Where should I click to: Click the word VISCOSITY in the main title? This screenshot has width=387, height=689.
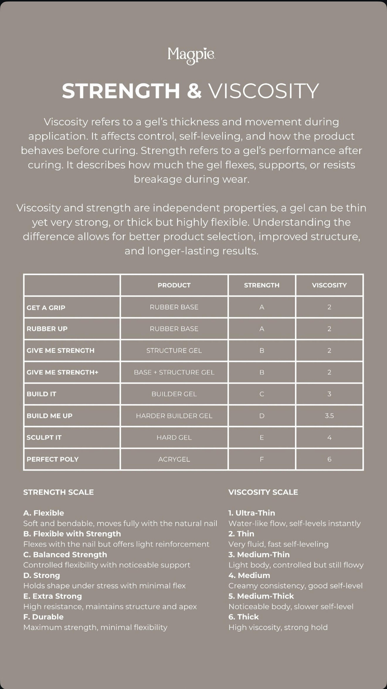tap(263, 91)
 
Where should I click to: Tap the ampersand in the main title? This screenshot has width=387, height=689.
tap(194, 91)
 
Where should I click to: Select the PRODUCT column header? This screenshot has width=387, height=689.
tap(174, 285)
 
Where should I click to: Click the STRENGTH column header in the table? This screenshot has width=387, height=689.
tap(261, 285)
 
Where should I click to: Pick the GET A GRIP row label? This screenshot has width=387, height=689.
tap(46, 307)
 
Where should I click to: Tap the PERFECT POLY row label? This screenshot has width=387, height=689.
tap(52, 459)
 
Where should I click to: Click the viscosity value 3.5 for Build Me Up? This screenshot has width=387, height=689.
tap(329, 416)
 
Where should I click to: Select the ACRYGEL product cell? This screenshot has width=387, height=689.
tap(174, 459)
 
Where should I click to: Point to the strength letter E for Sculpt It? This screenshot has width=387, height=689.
tap(261, 438)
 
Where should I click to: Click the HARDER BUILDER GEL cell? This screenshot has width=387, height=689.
tap(174, 416)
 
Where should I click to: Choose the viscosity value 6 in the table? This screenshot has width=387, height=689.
tap(329, 459)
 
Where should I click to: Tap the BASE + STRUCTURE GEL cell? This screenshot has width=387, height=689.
tap(174, 372)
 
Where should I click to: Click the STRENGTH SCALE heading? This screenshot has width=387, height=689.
tap(59, 492)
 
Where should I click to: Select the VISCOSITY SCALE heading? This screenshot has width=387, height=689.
tap(263, 492)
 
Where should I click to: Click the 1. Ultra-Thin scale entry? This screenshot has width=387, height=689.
tap(252, 513)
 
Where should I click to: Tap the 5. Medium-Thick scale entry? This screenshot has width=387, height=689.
tap(261, 596)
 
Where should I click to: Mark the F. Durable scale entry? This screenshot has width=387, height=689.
tap(43, 617)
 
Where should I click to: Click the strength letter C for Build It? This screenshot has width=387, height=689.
tap(261, 394)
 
